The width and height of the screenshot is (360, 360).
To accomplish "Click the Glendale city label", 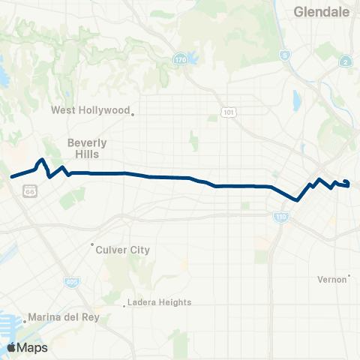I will point(320,12).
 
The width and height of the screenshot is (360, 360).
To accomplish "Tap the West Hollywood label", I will point(90,110).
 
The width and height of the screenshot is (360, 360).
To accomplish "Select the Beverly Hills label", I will point(88,148).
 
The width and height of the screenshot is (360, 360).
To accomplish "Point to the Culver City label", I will point(124,250).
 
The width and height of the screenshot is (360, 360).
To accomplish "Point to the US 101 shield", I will point(227,112).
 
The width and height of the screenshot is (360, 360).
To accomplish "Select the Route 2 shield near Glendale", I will point(345,61).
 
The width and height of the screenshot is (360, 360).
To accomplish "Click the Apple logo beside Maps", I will point(12,347).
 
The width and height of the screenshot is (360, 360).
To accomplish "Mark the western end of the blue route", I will point(11,178).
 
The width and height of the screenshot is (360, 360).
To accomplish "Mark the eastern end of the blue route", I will point(346,181).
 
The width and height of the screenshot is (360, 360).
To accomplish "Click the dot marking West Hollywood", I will point(133,114).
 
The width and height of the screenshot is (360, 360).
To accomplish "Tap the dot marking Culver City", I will point(92,244).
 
